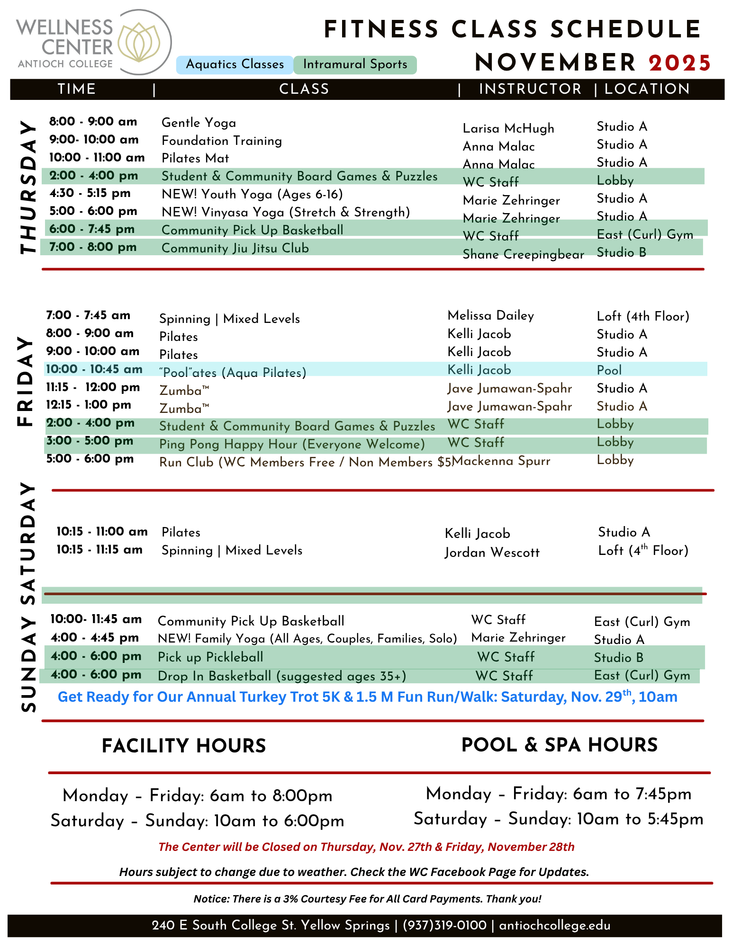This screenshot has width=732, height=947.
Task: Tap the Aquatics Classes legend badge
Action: coord(235,64)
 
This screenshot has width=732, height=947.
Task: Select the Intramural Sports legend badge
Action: coord(355,64)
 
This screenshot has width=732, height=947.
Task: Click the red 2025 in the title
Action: coord(680,63)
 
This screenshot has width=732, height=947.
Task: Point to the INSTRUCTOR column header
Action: coord(530,89)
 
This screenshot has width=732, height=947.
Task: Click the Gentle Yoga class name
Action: coord(199,123)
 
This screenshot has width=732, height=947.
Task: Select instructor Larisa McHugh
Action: coord(508,128)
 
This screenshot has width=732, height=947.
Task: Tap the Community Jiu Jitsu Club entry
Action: coord(235,248)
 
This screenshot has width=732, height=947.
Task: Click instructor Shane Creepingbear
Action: coord(523,254)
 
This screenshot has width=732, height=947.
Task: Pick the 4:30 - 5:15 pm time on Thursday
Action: coord(90,193)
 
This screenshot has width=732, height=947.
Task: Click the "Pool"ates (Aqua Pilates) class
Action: coord(233,373)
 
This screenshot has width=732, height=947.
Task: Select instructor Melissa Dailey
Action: coord(490,316)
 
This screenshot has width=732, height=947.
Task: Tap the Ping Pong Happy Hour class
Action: coord(292,444)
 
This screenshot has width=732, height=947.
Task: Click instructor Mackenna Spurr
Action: coord(501,461)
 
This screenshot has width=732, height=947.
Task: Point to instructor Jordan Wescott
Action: coord(492,553)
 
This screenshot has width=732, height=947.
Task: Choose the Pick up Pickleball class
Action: coord(210,657)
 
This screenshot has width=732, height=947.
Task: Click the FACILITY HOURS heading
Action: coord(184,746)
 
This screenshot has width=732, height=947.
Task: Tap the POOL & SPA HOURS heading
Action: coord(559,745)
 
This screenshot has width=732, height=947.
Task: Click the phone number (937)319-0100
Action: coord(444,926)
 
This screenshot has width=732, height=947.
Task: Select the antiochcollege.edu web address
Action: coord(555,926)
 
